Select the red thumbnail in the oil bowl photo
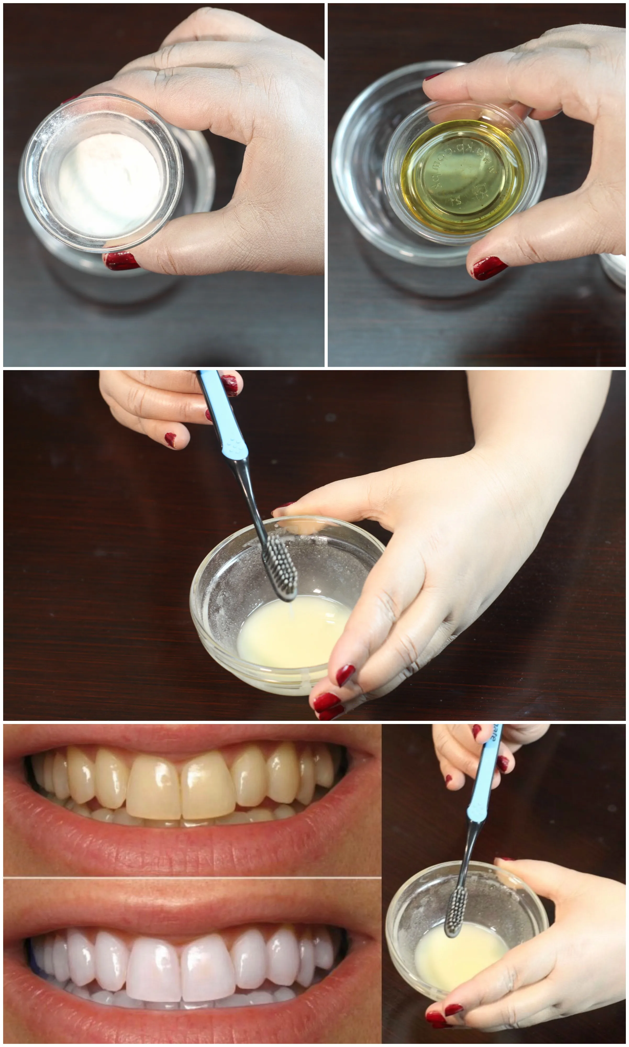(x=489, y=268)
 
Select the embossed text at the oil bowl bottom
(x=462, y=174)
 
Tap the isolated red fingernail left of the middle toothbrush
(x=170, y=439)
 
